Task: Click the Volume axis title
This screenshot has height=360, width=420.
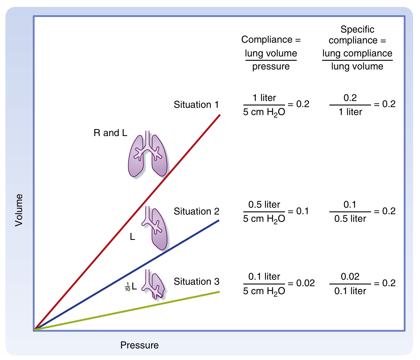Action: [19, 210]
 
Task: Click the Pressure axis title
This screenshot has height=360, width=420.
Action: [140, 345]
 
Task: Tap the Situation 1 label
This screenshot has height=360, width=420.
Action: [196, 105]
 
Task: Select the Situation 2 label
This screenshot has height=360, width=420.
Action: [196, 211]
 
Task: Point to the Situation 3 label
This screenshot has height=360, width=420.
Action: [196, 281]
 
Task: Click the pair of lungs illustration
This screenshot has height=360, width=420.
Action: [147, 155]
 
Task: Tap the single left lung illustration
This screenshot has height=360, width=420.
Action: [156, 228]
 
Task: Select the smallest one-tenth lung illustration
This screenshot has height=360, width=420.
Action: [154, 284]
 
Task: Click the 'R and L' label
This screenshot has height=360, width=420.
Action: [110, 133]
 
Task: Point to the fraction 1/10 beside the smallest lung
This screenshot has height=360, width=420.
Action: [127, 287]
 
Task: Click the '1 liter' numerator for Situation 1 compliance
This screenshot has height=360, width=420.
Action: [264, 98]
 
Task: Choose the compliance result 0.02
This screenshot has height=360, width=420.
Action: [305, 283]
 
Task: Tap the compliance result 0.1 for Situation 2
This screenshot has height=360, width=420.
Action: [302, 211]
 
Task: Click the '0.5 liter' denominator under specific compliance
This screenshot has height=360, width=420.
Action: [350, 219]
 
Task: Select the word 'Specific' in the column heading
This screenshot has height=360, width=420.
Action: [357, 30]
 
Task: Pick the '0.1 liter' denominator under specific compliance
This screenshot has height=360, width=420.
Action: [350, 291]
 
